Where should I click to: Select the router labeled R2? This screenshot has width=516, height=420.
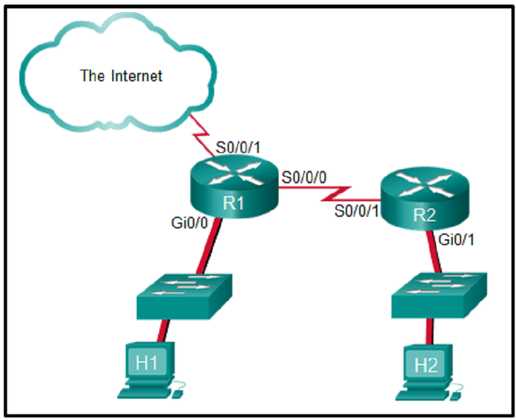tap(422, 196)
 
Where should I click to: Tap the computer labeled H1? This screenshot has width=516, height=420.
tap(148, 365)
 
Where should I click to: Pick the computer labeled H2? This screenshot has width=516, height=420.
tap(426, 366)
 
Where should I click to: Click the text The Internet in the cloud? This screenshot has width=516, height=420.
tap(121, 76)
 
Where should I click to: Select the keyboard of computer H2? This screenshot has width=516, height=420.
tap(422, 391)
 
